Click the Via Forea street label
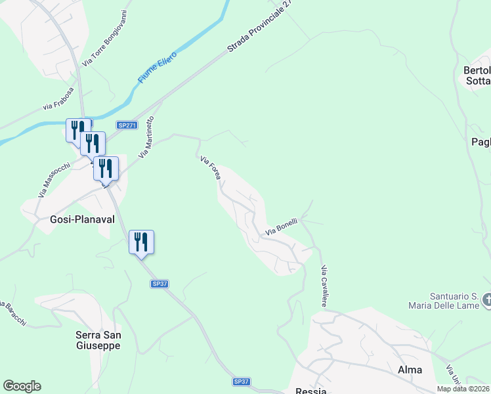coord(210,168)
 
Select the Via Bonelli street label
coord(282,227)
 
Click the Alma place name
coord(410,370)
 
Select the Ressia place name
coord(311,390)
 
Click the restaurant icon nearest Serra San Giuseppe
coord(142,242)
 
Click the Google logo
coord(22,386)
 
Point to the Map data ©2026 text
coord(463,389)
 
